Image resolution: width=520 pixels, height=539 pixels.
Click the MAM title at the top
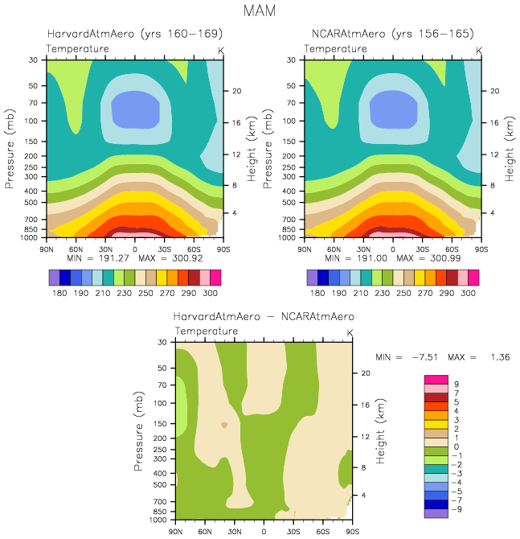click(260, 12)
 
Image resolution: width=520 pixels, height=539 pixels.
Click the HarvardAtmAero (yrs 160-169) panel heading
click(134, 35)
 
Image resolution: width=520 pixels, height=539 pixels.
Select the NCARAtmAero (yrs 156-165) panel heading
click(392, 35)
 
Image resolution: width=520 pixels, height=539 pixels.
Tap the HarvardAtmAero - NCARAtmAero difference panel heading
click(264, 317)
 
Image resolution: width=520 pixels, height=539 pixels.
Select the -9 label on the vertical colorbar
click(457, 509)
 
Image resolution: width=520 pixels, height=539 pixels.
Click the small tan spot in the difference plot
click(224, 425)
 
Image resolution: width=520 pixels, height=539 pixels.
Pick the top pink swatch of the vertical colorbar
click(436, 379)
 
